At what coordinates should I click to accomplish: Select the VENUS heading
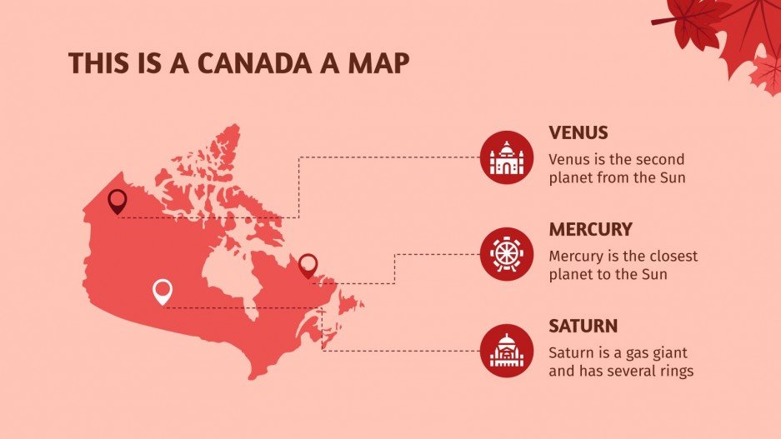578,132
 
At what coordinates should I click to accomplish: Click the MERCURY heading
590,229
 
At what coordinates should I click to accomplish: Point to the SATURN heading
583,326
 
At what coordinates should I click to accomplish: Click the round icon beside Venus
506,156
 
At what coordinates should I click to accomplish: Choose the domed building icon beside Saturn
506,349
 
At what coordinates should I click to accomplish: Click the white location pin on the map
163,291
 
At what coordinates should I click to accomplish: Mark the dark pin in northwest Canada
118,200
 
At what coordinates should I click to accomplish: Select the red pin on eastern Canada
308,264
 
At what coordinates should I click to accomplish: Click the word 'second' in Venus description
660,159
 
